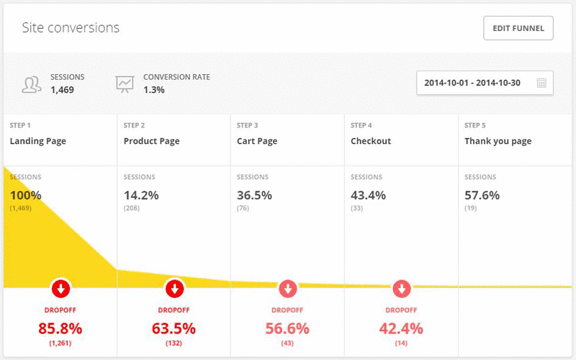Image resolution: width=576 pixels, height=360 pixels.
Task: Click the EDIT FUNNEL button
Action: click(518, 29)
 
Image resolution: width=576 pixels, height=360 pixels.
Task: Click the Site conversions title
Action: click(71, 28)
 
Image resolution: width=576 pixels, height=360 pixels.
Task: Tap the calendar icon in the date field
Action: click(541, 83)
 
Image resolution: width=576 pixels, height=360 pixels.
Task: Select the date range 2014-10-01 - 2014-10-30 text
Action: click(472, 83)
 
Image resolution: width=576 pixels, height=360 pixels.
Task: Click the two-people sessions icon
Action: click(31, 84)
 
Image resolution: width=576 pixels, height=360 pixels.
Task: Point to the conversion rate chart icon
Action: click(125, 84)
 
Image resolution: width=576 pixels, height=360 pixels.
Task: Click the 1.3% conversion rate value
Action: click(154, 90)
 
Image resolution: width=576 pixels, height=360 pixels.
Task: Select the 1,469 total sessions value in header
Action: click(62, 90)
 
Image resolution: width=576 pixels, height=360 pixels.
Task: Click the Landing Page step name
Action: click(37, 141)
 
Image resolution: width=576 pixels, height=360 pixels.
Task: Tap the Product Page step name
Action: click(151, 141)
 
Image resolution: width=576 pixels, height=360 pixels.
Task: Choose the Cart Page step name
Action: click(257, 141)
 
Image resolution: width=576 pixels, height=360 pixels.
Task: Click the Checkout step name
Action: click(371, 141)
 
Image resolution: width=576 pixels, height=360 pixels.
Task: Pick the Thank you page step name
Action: click(498, 141)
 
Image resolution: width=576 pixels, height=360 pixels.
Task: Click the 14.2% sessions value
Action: click(141, 195)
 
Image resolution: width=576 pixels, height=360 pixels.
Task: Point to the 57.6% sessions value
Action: click(482, 195)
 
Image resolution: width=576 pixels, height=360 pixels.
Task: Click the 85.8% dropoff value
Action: click(60, 329)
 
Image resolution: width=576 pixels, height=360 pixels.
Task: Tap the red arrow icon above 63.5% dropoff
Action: click(174, 289)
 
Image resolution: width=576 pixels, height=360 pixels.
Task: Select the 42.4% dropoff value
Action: click(402, 329)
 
